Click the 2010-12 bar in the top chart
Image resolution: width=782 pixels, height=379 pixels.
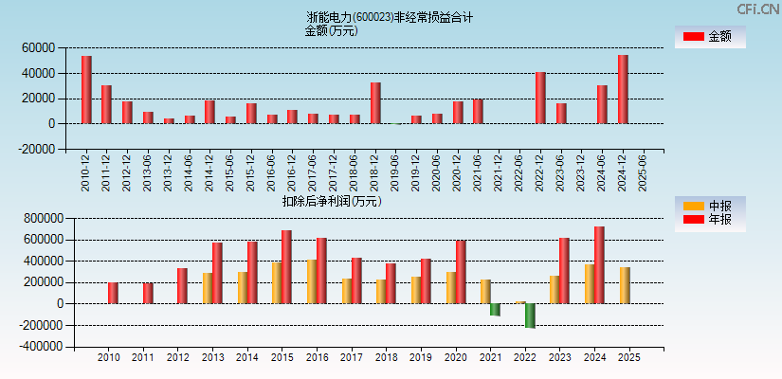point(86,89)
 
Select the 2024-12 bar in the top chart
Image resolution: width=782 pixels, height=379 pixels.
point(623,89)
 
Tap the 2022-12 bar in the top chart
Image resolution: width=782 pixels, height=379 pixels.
point(540,98)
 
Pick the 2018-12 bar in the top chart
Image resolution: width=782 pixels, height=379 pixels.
point(375,102)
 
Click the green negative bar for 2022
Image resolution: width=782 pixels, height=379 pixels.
point(530,316)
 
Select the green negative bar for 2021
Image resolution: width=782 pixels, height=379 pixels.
point(495,310)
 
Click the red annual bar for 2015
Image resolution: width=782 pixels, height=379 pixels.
point(286,267)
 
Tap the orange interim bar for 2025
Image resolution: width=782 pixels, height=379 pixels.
point(625,285)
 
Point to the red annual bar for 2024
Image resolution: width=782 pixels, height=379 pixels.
point(599,265)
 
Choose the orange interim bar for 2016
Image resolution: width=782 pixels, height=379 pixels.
point(311,281)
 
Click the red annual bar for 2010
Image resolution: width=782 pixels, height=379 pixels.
point(113,293)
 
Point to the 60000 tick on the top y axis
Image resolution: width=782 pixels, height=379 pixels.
point(39,47)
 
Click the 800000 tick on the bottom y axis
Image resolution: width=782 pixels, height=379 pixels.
point(35,218)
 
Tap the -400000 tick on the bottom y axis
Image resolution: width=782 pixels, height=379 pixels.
point(33,347)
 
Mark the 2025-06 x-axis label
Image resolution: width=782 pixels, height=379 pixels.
point(644,172)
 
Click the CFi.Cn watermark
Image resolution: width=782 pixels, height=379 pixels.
point(757,9)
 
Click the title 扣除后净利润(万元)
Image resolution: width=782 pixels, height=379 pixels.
point(331,201)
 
